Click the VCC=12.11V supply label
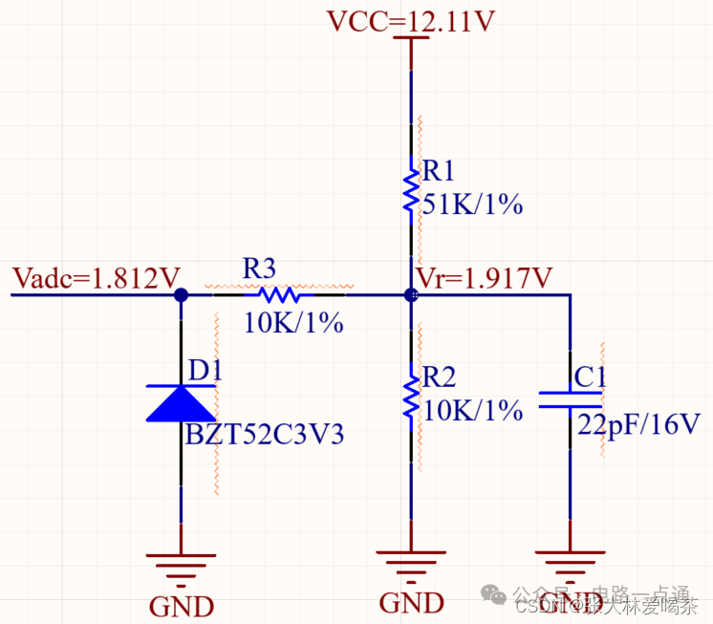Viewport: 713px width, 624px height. point(410,21)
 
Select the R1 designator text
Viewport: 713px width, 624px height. point(439,171)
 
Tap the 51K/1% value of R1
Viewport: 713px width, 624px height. point(472,203)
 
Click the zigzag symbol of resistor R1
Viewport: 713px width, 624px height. point(411,188)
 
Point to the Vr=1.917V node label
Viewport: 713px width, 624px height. point(485,278)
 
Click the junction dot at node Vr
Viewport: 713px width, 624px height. point(411,295)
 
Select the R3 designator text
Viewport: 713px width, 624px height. point(259,268)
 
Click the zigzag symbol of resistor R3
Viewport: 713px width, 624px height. point(279,295)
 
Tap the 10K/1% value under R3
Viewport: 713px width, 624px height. point(292,323)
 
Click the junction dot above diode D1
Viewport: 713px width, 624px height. point(181,295)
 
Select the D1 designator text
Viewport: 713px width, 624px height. point(205,370)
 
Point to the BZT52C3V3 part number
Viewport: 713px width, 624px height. point(264,435)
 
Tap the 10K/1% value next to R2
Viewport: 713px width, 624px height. point(472,410)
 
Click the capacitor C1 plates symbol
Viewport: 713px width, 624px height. point(570,399)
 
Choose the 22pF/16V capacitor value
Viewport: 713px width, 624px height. point(652,424)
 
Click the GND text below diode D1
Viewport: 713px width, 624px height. point(181,605)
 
